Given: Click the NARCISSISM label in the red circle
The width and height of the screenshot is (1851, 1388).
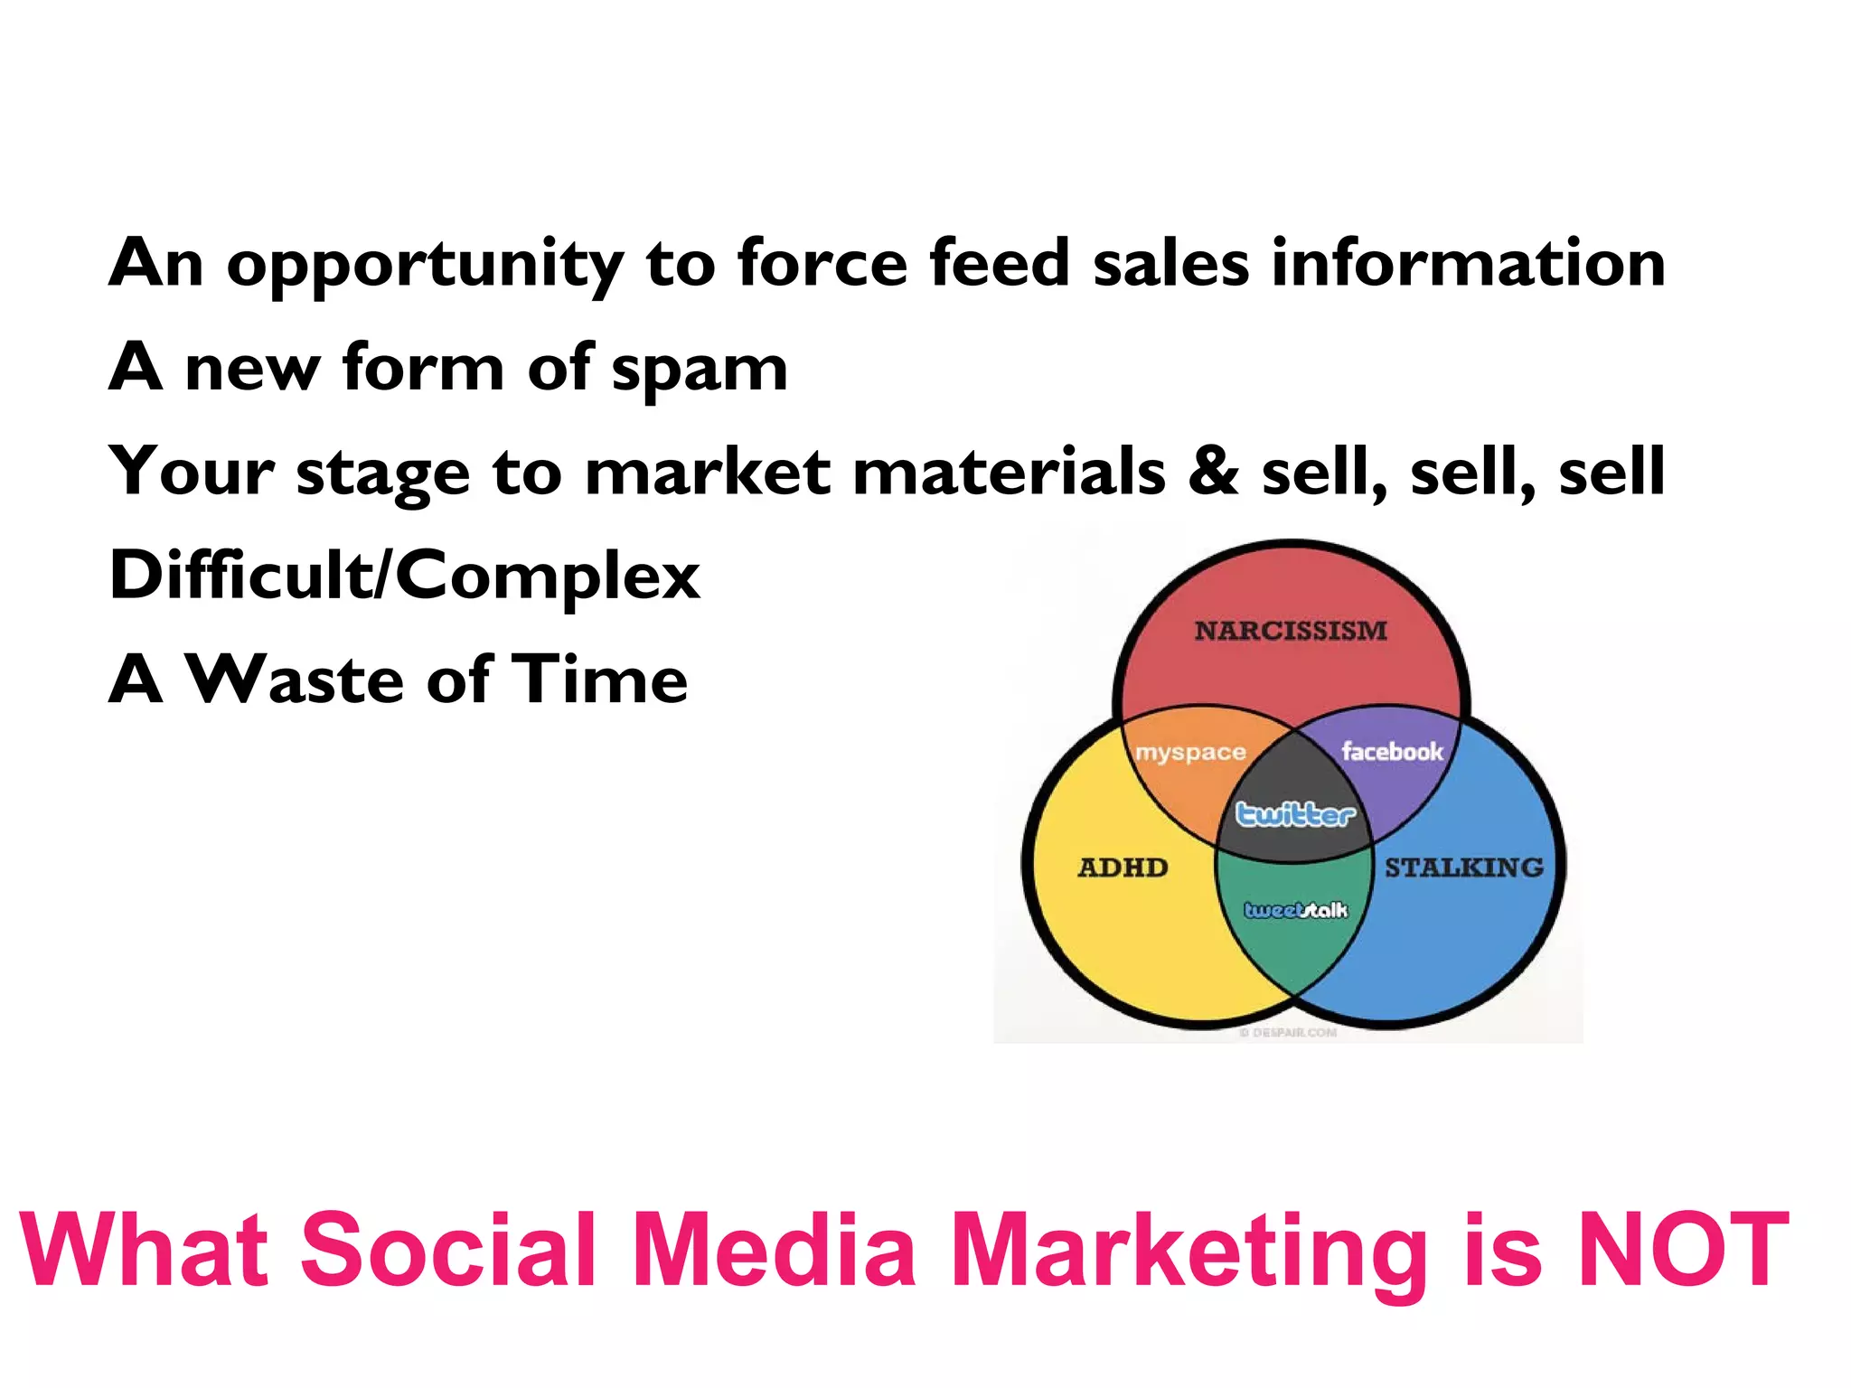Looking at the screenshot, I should [x=1290, y=631].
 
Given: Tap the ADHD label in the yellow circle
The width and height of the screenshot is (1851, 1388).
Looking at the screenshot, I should [x=1123, y=867].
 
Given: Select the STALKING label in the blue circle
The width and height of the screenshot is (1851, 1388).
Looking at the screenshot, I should [x=1464, y=867].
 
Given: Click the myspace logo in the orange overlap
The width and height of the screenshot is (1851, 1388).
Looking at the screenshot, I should [x=1190, y=752].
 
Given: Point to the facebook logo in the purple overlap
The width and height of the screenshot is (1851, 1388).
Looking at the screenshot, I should [x=1392, y=751].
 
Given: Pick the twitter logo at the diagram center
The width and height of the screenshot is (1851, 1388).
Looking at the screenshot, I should [x=1295, y=814].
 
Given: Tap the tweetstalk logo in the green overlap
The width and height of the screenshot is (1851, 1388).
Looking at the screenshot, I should [x=1295, y=910].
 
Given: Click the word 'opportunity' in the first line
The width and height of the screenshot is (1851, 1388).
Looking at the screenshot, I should [x=425, y=265].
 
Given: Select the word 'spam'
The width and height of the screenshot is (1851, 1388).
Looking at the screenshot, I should [x=699, y=370].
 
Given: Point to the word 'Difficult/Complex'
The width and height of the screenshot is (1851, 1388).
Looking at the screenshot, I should [x=404, y=576].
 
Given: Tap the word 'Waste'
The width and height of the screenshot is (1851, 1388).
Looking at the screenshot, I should [x=294, y=680].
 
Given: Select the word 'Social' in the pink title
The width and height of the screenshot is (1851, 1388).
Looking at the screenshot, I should [x=448, y=1251].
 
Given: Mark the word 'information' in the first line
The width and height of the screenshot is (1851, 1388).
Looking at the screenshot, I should [x=1468, y=263].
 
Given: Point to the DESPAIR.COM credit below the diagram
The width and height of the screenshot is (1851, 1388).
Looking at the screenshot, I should [x=1288, y=1032].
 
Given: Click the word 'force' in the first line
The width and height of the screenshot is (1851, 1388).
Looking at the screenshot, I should [x=822, y=263].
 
